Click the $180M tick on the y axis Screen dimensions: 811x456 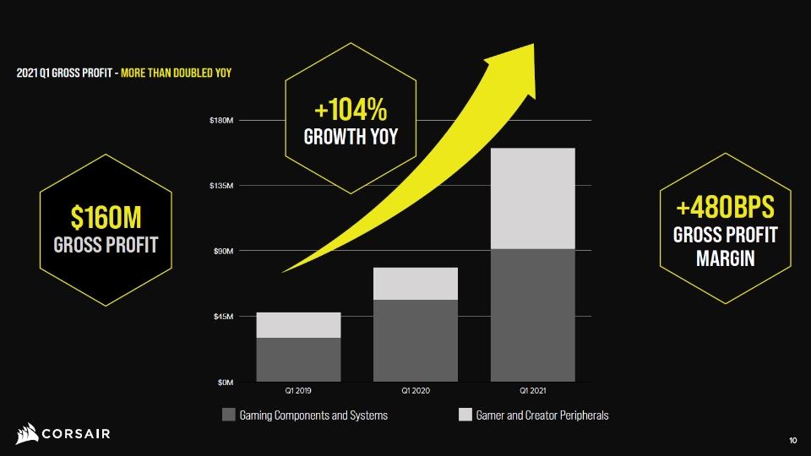(220, 121)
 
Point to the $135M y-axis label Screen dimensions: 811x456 (220, 186)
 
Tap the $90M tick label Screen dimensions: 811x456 (223, 252)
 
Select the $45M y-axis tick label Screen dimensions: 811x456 (223, 317)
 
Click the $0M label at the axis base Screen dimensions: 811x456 (225, 383)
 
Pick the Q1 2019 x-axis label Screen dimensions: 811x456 (298, 391)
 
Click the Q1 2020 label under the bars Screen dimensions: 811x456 (416, 391)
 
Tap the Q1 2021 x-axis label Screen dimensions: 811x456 (533, 391)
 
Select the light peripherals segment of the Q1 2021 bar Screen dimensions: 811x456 (533, 198)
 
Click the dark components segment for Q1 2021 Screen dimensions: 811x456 (533, 315)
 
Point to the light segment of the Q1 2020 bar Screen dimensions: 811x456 (416, 284)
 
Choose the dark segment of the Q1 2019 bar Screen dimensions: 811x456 (298, 360)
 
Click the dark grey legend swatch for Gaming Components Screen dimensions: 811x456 (229, 415)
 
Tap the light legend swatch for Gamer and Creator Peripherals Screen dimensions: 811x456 (465, 415)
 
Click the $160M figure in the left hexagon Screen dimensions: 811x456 (106, 217)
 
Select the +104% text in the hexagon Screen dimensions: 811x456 (351, 109)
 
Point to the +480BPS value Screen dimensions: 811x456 (725, 208)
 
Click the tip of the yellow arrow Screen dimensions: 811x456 (533, 45)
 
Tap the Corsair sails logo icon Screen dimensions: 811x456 (27, 434)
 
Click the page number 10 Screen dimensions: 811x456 (793, 441)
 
